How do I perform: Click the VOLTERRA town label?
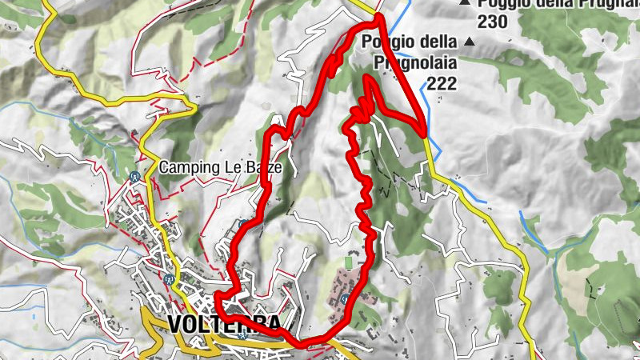[x=225, y=324]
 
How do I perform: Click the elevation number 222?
[x=442, y=83]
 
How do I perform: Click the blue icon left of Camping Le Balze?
[x=135, y=177]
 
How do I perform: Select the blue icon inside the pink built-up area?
[x=344, y=298]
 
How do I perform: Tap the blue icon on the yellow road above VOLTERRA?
[x=170, y=280]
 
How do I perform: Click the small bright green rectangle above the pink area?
[x=348, y=262]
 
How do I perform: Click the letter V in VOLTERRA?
[x=178, y=324]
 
